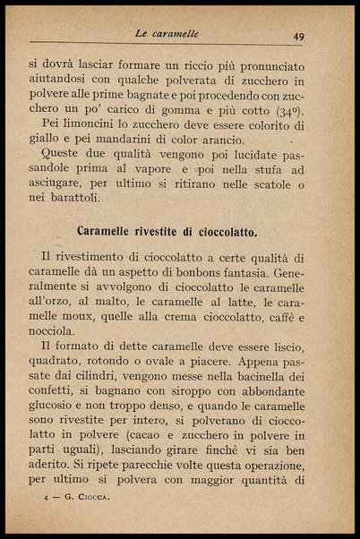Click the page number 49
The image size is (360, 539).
click(297, 37)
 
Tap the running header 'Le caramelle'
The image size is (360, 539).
click(167, 34)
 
